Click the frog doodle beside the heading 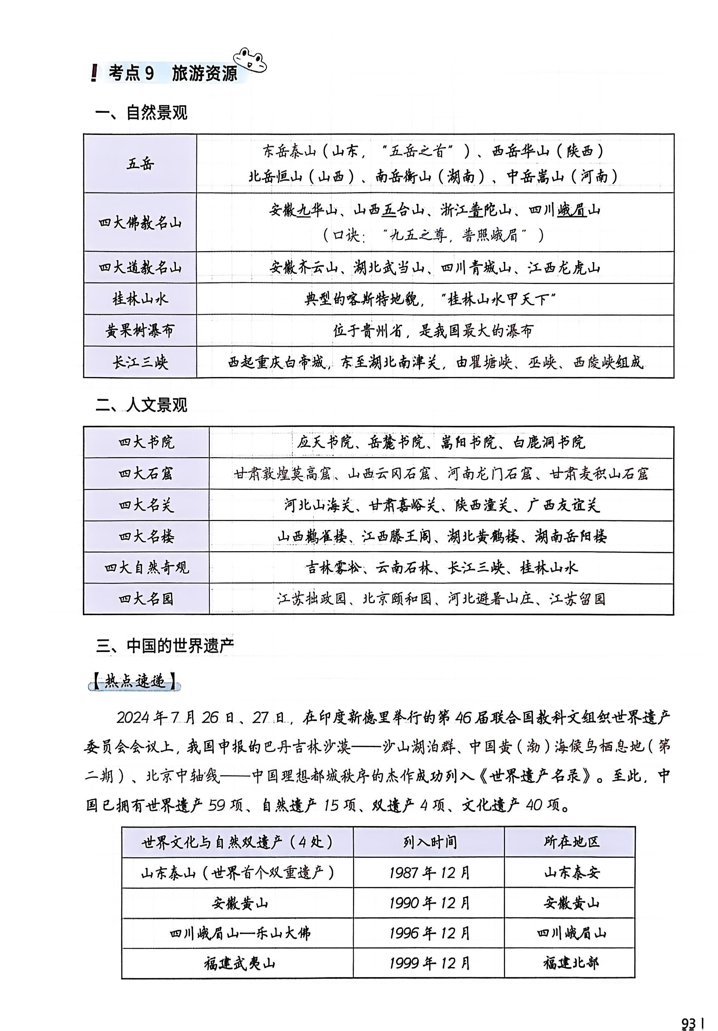pyautogui.click(x=250, y=60)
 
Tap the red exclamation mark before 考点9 pyautogui.click(x=93, y=73)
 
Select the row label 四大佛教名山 pyautogui.click(x=140, y=223)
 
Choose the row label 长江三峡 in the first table pyautogui.click(x=140, y=362)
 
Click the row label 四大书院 pyautogui.click(x=146, y=442)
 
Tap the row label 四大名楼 pyautogui.click(x=146, y=537)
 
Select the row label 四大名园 pyautogui.click(x=146, y=599)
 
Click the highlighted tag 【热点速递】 pyautogui.click(x=134, y=682)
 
